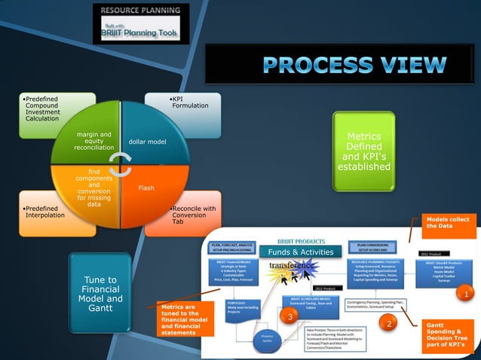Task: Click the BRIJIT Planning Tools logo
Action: coord(141,23)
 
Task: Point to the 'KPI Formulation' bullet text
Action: coord(189,102)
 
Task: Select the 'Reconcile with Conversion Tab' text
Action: coord(192,215)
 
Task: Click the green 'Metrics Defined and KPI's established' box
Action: coord(363,151)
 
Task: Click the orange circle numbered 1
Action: coord(467,293)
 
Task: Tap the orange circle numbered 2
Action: coord(388,324)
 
